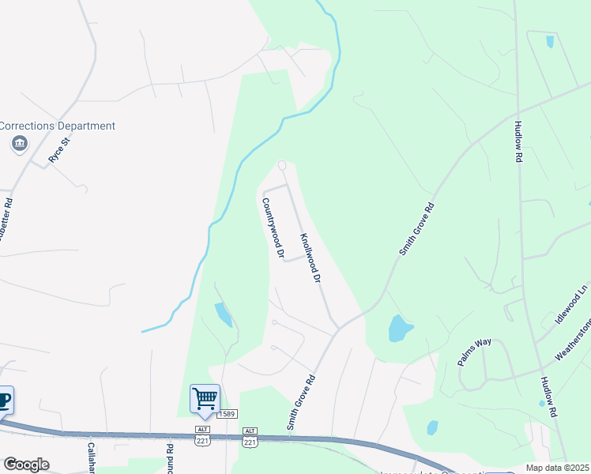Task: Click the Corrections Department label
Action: [x=58, y=126]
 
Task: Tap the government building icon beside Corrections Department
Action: [x=20, y=144]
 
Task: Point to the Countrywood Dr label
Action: [x=273, y=228]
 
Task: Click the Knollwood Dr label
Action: [x=310, y=258]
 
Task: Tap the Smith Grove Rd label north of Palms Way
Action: [x=416, y=228]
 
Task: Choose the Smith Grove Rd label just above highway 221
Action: [x=301, y=402]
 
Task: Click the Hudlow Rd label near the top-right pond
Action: [x=518, y=141]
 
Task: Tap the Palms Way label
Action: [x=474, y=352]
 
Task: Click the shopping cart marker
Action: [x=205, y=400]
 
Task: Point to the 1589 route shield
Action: [x=228, y=413]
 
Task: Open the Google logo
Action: [x=26, y=465]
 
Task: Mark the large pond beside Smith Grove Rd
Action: [x=398, y=328]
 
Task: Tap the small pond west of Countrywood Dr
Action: [x=223, y=314]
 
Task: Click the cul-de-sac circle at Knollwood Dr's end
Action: [x=282, y=165]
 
